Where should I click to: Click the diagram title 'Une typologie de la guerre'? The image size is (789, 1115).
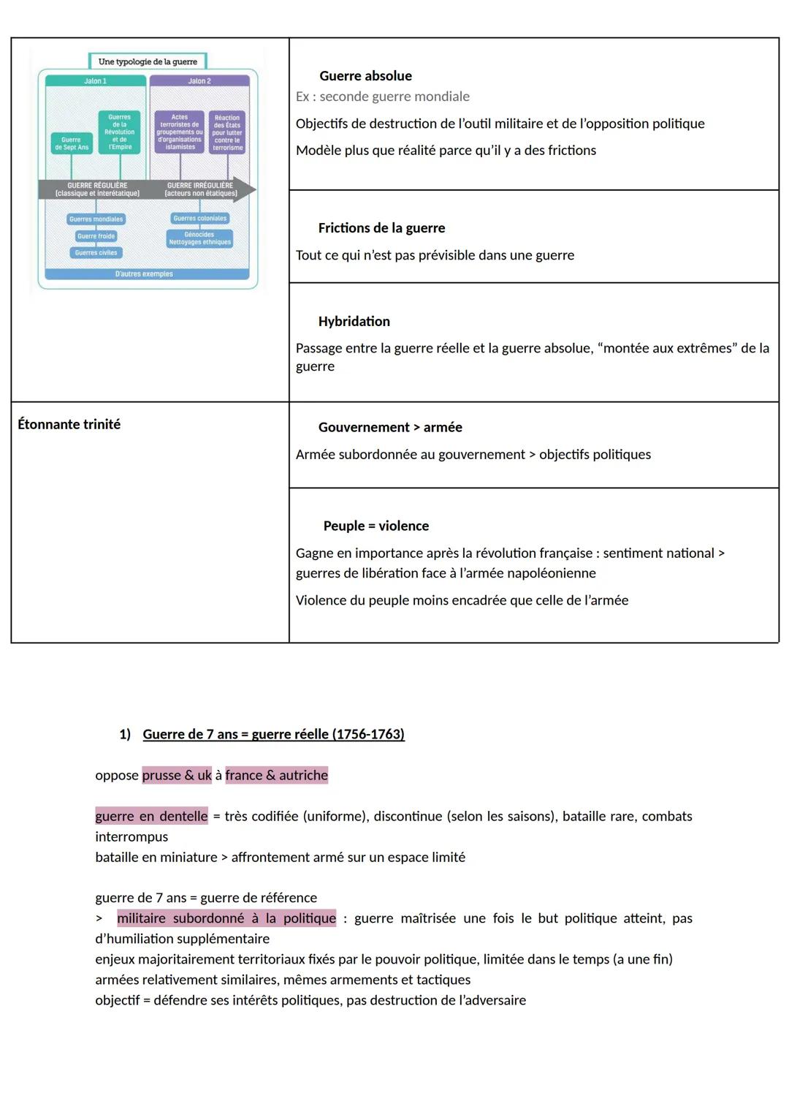coord(148,61)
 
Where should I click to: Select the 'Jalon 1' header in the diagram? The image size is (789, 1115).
coord(95,81)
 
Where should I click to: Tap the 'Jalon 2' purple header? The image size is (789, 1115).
coord(199,81)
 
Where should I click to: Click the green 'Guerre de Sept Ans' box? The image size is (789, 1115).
coord(72,143)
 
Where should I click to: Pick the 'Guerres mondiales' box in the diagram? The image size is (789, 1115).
coord(96,219)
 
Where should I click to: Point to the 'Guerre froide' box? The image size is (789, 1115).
coord(96,236)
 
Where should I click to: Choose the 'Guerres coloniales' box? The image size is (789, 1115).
coord(200,219)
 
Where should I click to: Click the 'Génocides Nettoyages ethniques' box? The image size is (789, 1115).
coord(199,238)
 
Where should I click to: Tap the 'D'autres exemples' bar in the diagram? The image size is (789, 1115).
coord(145,274)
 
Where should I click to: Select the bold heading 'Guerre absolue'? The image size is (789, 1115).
coord(365,76)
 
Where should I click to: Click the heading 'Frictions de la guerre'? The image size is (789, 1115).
coord(381,228)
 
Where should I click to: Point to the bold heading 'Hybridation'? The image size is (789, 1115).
coord(354,322)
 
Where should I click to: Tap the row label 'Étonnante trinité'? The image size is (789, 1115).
coord(69,424)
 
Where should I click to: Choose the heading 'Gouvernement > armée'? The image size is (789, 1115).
coord(390,428)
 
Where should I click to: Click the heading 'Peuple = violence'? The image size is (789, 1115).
coord(376,526)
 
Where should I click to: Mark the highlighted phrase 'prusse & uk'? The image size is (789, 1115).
coord(177,775)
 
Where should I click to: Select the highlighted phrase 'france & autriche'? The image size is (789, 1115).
coord(277,775)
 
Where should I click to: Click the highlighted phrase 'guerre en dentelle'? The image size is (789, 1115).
coord(151,816)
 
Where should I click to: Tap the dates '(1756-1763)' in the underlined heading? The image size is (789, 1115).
coord(368,734)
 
